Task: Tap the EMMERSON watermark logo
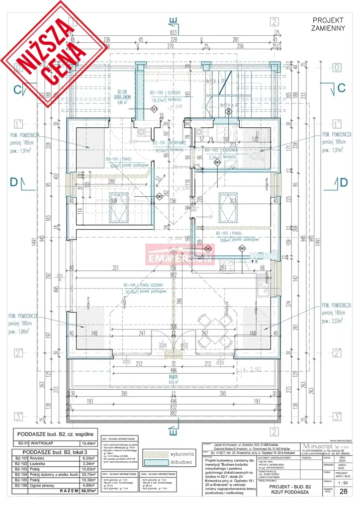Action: (x=180, y=256)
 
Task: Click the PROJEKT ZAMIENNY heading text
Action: (x=328, y=24)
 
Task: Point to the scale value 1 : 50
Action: (x=342, y=483)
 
